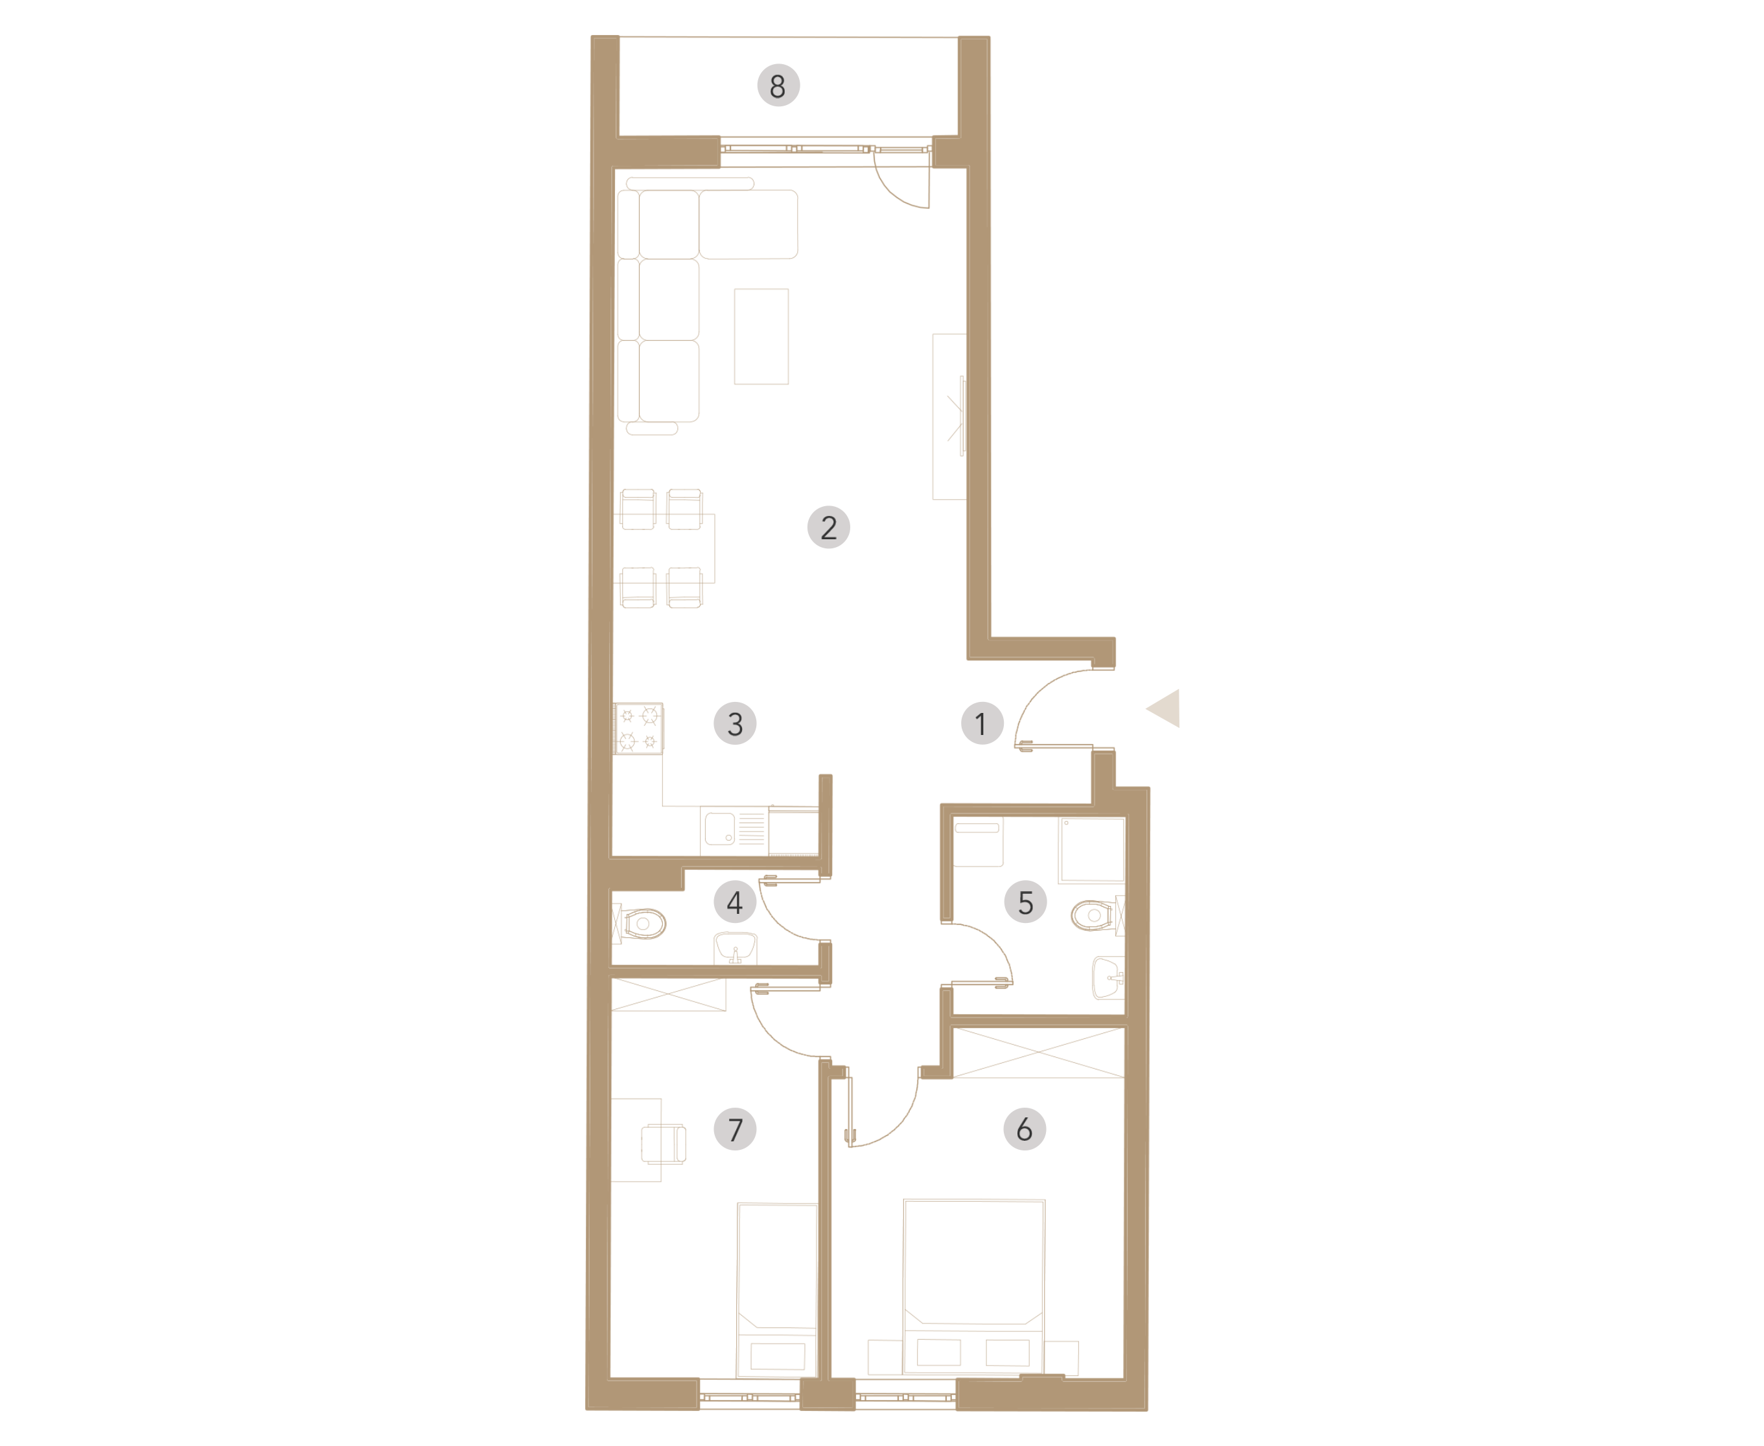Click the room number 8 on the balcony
pos(778,86)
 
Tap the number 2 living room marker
pos(829,527)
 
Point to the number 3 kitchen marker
pos(735,724)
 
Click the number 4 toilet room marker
pos(735,902)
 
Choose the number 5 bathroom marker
pos(1025,902)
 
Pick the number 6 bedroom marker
pos(1025,1130)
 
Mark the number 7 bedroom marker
pos(735,1130)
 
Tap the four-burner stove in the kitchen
pos(639,729)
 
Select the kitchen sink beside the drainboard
pos(721,829)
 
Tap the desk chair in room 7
pos(664,1143)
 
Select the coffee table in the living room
pos(761,336)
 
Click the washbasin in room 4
pos(736,949)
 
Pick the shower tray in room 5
pos(1092,850)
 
